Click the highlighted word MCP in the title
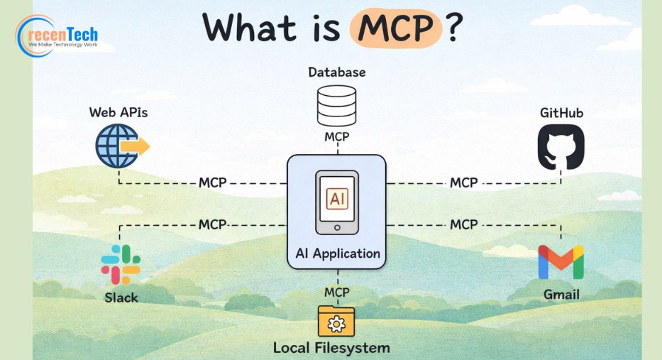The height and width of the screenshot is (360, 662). (396, 28)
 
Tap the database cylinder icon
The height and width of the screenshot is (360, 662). (336, 106)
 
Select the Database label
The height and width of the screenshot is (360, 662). (337, 72)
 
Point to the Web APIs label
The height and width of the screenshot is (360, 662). (118, 112)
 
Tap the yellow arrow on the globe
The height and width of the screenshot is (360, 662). (135, 146)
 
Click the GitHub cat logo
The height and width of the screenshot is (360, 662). (561, 146)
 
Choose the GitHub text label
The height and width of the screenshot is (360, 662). (561, 113)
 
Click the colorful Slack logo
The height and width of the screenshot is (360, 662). (121, 265)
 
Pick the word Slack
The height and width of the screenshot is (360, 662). (121, 298)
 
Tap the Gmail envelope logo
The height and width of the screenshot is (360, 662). (561, 262)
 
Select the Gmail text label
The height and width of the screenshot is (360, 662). (561, 295)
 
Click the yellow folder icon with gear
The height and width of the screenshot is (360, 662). (336, 321)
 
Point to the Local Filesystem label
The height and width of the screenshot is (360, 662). (331, 348)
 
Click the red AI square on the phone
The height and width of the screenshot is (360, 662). (337, 199)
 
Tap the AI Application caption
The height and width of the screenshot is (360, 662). (338, 253)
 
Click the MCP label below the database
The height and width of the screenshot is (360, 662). (337, 137)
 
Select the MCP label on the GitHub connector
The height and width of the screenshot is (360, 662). (463, 183)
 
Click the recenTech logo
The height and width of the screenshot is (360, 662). (57, 36)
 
